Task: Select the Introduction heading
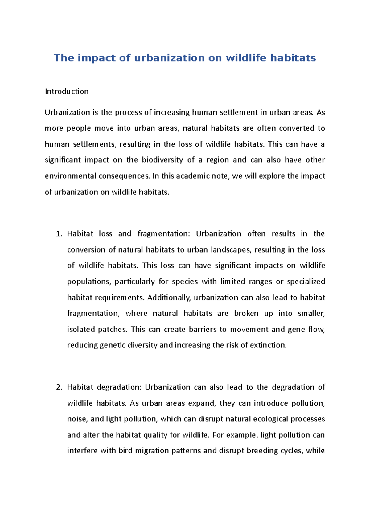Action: pyautogui.click(x=67, y=91)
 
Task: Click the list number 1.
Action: pyautogui.click(x=59, y=234)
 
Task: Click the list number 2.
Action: pyautogui.click(x=59, y=387)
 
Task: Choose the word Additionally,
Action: pyautogui.click(x=169, y=298)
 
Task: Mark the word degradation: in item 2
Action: pyautogui.click(x=119, y=387)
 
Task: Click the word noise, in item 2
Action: pyautogui.click(x=77, y=419)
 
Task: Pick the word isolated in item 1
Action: pyautogui.click(x=81, y=330)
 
